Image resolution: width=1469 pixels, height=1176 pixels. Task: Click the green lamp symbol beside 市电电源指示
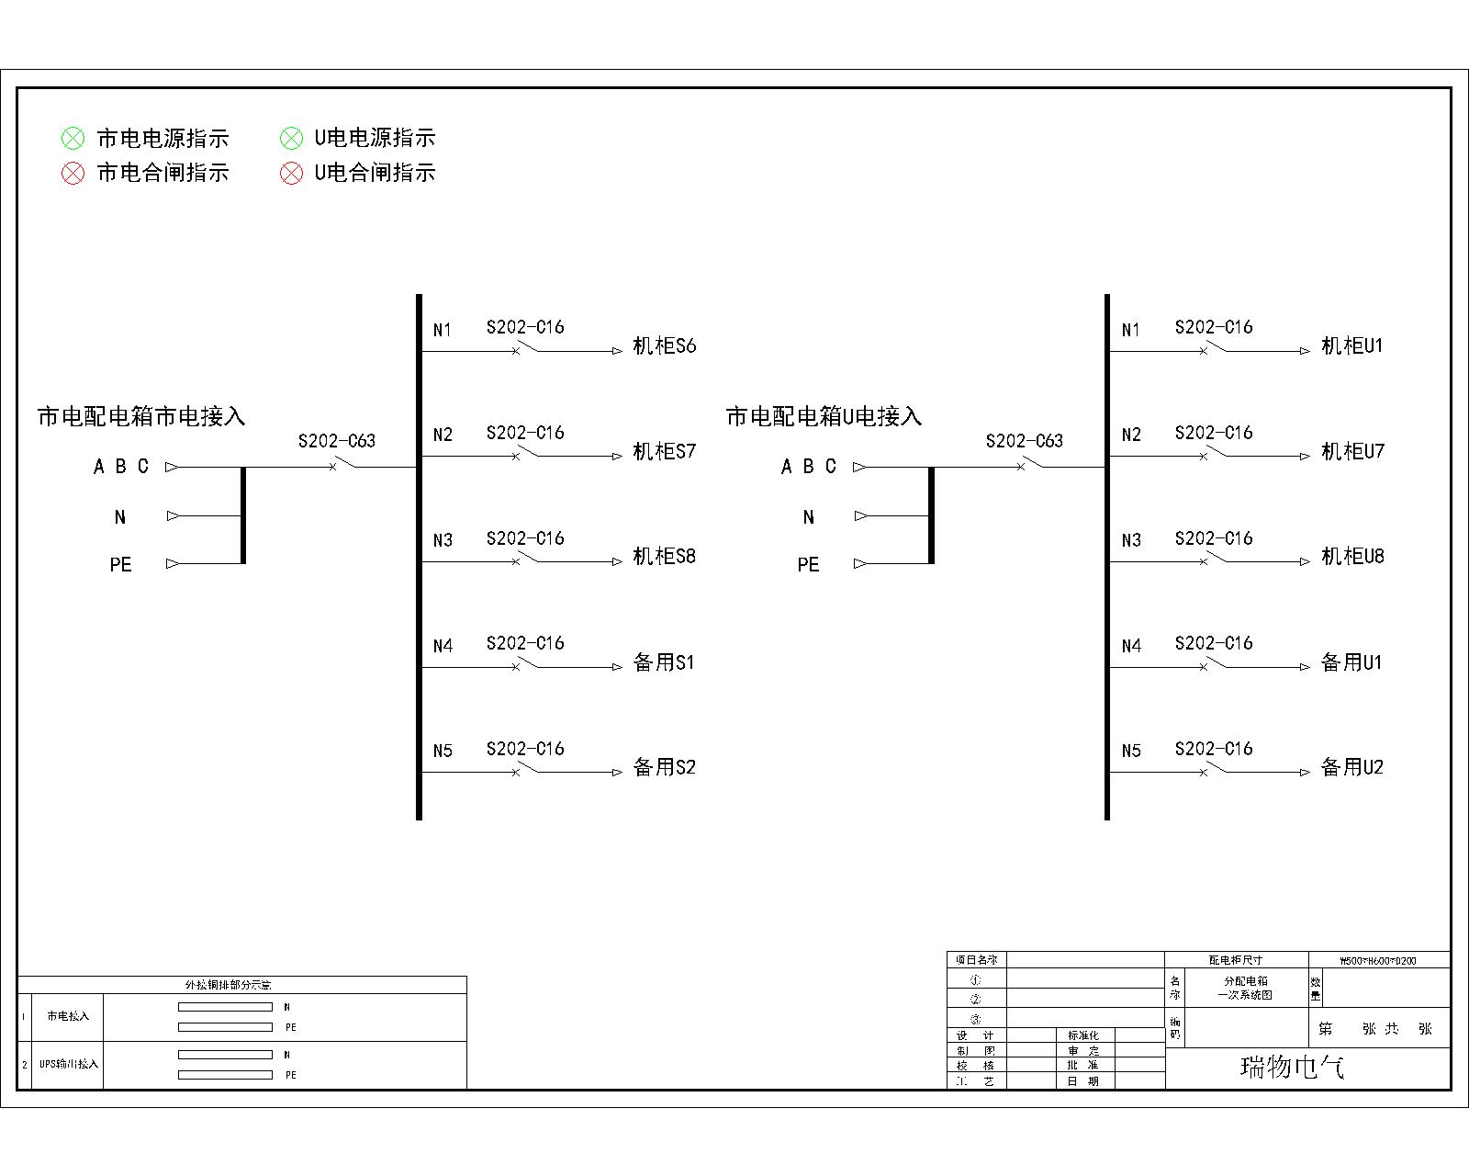73,139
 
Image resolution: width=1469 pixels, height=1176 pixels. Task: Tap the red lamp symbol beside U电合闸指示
291,173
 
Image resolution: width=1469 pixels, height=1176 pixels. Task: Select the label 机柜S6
664,346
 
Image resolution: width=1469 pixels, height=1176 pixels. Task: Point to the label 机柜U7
1351,451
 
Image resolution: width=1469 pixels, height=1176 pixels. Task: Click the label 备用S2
664,767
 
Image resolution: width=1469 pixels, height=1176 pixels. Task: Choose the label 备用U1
1351,662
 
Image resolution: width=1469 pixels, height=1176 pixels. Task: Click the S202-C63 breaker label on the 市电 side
337,441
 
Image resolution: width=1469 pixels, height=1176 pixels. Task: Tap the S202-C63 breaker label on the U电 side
1025,441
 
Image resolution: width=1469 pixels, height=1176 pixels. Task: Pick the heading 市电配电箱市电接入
141,416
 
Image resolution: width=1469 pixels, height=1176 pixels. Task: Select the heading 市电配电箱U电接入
824,416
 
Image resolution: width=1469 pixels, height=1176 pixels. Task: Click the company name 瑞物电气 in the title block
1293,1067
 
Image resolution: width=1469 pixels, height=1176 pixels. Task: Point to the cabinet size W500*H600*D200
1378,961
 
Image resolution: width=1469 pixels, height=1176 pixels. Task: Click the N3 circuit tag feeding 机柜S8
443,540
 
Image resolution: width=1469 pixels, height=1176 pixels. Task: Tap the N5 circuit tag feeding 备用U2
1131,752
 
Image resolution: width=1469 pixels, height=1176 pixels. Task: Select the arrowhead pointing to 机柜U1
1305,351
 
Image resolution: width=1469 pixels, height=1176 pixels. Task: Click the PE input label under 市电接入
120,565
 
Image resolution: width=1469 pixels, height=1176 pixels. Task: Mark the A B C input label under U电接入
809,467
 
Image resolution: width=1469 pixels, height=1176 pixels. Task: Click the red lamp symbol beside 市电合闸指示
73,173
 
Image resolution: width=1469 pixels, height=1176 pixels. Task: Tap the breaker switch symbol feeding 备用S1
525,664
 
